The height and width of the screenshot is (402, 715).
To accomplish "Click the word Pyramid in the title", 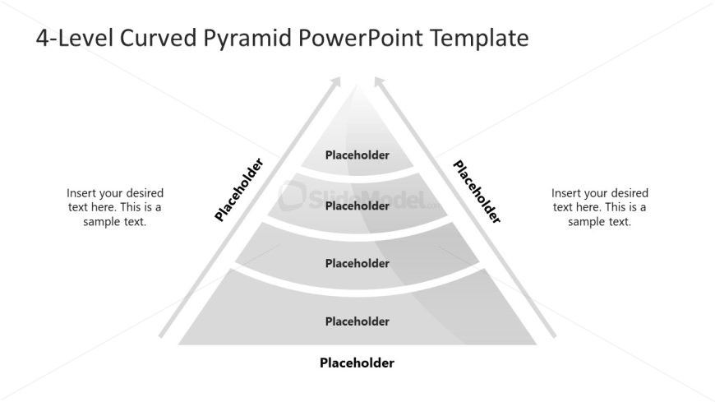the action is [247, 39].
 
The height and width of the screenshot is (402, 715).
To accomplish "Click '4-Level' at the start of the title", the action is [74, 38].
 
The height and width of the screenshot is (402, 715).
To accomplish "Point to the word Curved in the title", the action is [159, 38].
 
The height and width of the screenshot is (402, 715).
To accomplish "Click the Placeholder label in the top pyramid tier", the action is [357, 155].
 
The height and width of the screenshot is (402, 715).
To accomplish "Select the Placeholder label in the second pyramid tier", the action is [357, 206].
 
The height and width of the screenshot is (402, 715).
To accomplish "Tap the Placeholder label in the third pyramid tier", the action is [357, 263].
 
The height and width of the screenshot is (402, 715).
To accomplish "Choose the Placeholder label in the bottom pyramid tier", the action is [357, 321].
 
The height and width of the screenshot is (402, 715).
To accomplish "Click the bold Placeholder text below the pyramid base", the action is [357, 363].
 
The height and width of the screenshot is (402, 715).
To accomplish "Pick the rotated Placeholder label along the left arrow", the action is [239, 189].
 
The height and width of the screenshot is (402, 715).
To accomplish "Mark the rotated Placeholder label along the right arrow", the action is [477, 192].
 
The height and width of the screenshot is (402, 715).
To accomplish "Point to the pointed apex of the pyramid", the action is [358, 85].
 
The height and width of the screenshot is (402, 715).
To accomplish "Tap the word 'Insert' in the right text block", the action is [565, 193].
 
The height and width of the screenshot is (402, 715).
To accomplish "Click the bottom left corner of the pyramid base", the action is [178, 344].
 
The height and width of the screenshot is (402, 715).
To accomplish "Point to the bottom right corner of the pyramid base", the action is [537, 344].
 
